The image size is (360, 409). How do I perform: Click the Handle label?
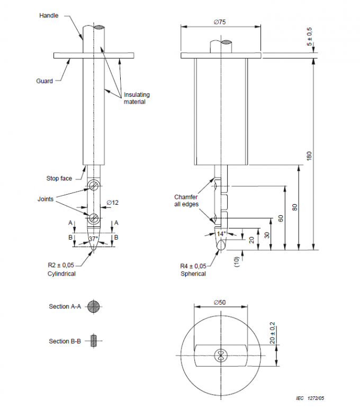[49, 15]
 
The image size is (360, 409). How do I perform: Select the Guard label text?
[44, 81]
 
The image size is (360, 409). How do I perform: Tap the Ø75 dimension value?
[220, 22]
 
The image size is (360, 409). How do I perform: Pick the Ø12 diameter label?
[112, 203]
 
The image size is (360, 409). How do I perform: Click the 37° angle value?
[93, 239]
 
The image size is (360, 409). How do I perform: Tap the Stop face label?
[59, 178]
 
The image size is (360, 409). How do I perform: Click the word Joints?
[46, 199]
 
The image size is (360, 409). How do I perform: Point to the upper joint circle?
[94, 185]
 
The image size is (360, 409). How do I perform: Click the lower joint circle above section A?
[94, 217]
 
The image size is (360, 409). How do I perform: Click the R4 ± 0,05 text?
[193, 266]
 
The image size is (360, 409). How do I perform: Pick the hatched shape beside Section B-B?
[94, 341]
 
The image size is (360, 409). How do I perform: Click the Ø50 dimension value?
[220, 302]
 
